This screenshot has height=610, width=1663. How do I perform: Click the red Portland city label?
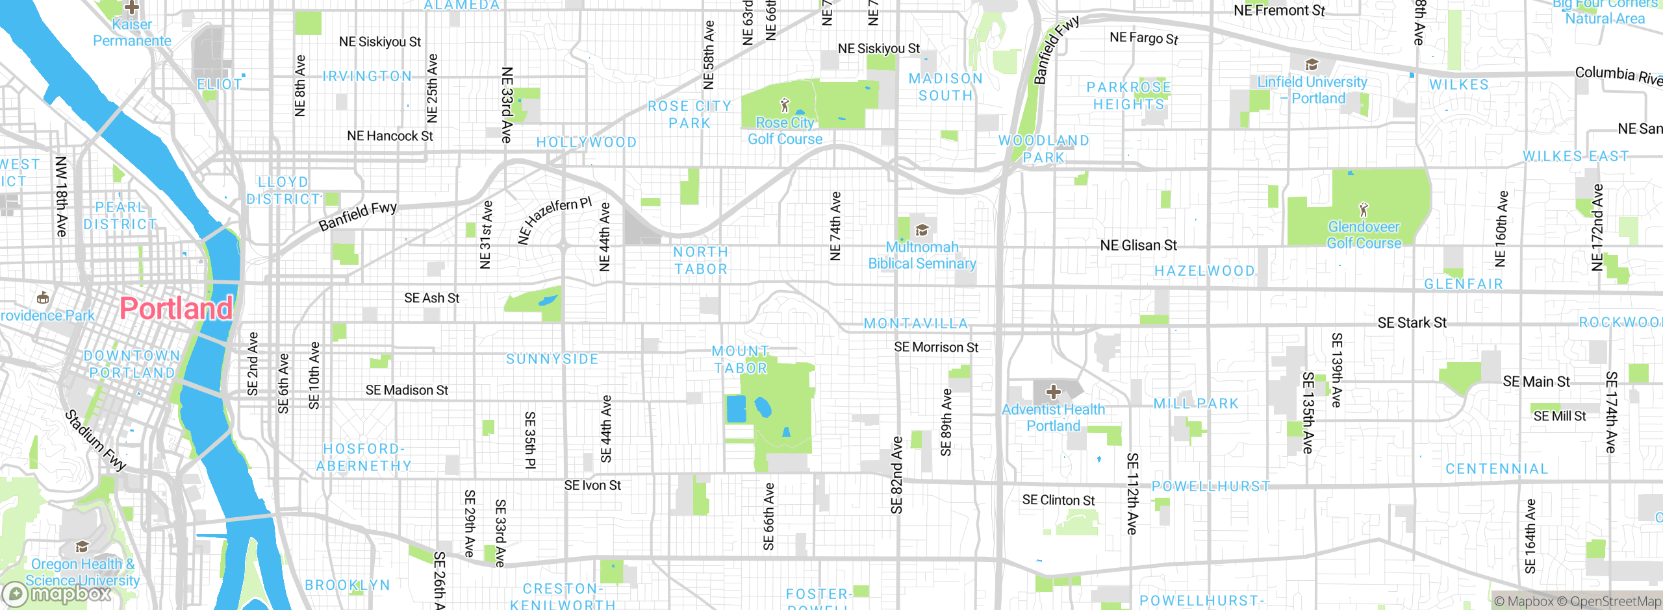[176, 308]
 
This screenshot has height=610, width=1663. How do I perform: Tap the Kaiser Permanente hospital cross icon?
[132, 8]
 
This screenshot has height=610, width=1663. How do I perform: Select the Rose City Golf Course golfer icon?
[785, 104]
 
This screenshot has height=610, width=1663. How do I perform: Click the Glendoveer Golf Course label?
[1364, 235]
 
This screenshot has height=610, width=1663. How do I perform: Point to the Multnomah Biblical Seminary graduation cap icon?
[922, 230]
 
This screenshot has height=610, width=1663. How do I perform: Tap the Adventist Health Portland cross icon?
[1053, 392]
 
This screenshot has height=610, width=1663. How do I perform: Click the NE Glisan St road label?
[1138, 245]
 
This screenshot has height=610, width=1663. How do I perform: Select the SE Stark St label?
[1412, 323]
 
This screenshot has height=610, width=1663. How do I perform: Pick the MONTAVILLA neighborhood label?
[916, 323]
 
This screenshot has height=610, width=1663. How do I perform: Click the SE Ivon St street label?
[592, 485]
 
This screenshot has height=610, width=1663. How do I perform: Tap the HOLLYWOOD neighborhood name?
[586, 142]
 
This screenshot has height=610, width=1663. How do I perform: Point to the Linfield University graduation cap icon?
[1312, 64]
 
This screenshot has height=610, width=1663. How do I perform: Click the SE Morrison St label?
[935, 347]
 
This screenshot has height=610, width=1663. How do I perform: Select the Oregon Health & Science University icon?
[82, 546]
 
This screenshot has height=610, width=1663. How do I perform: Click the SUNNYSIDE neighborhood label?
[552, 359]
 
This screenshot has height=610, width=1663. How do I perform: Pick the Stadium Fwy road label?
[95, 440]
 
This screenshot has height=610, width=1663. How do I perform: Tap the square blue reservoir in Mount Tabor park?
[736, 409]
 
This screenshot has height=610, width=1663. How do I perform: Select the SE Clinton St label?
[1058, 500]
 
